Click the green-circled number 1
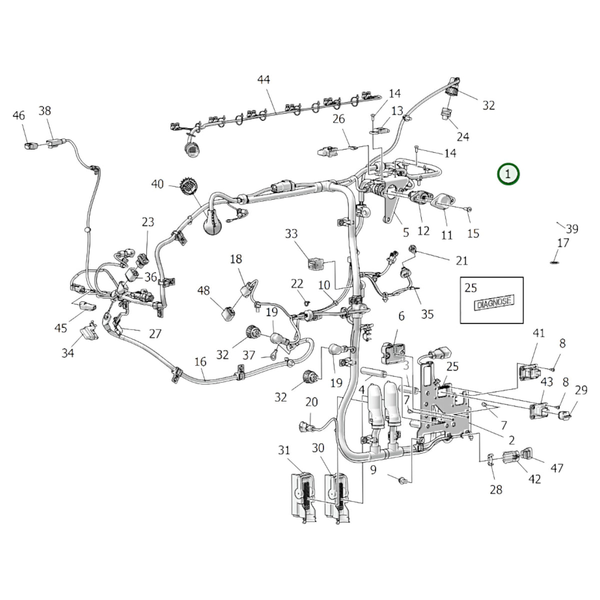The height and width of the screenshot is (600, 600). point(508,173)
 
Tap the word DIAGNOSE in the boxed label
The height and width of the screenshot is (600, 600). point(494,301)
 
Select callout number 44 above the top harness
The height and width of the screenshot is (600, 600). point(263,79)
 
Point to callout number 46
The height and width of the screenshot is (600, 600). point(18,115)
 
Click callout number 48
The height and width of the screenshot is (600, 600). point(203,290)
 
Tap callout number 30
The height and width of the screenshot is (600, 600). point(318,448)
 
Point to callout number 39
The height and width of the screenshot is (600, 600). point(572,229)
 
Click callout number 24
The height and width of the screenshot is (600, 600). point(463,136)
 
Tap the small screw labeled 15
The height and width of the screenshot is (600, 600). point(468,209)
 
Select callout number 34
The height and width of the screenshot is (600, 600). point(68,353)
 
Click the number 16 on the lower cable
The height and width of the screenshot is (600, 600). point(200,362)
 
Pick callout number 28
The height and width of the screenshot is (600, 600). point(496,490)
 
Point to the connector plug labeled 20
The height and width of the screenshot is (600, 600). point(306,426)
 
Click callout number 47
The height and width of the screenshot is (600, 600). point(557,468)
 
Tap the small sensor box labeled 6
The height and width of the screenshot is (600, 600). point(392,353)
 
